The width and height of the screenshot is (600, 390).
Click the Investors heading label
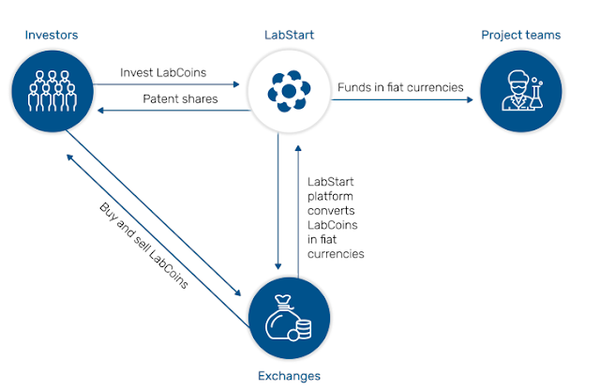(52, 36)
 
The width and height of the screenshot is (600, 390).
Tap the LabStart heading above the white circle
(289, 36)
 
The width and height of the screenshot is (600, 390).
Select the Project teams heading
(521, 36)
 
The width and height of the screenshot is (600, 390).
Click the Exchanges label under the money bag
(289, 376)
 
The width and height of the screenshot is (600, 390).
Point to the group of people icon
(52, 91)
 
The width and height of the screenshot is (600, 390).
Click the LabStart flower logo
(289, 91)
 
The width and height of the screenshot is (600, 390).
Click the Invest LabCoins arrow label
(163, 73)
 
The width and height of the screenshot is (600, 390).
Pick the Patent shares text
(180, 99)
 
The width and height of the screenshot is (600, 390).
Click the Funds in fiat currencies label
(400, 87)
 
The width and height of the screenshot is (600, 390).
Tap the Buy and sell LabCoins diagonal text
(143, 246)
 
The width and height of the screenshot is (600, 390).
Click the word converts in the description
(331, 211)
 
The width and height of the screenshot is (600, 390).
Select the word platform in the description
(330, 197)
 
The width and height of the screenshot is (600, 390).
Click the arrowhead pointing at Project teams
(470, 100)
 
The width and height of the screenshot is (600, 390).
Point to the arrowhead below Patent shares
(100, 111)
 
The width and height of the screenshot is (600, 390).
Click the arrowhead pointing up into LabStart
(298, 148)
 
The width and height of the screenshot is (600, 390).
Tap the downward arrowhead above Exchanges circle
(278, 266)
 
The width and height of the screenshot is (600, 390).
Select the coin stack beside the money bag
(304, 329)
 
